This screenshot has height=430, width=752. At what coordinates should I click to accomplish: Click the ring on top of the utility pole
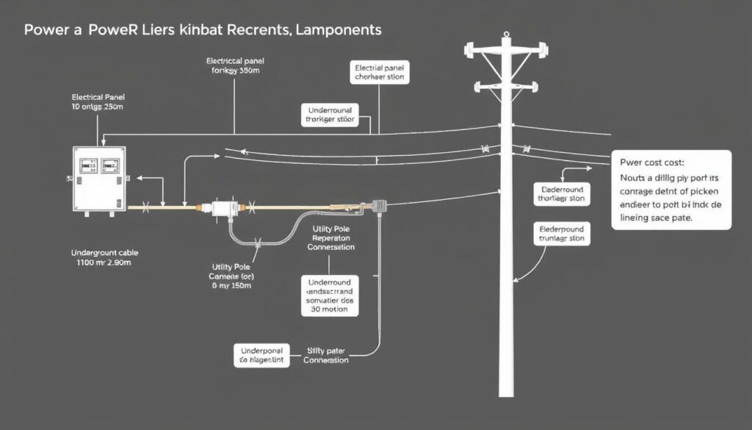tap(505, 35)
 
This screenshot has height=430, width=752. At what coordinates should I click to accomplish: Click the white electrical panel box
tap(99, 180)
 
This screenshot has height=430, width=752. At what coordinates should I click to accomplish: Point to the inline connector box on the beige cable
tap(222, 209)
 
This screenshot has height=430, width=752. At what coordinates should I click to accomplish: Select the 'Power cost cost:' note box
tap(671, 190)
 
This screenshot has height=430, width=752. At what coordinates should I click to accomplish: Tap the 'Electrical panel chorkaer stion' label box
tap(379, 72)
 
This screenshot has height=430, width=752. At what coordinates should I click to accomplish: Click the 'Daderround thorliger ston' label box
tap(562, 193)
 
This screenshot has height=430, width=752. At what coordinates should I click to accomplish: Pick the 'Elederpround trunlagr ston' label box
tap(562, 233)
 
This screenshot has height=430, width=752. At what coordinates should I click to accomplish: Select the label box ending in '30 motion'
tap(330, 295)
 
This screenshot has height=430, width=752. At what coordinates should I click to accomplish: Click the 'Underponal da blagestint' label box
tap(261, 355)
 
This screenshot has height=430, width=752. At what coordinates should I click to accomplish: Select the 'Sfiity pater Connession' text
tap(326, 355)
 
